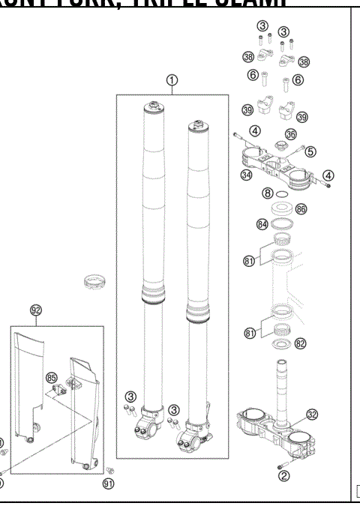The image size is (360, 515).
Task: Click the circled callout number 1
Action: pos(172,81)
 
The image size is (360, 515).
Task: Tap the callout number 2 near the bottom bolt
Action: pos(283,475)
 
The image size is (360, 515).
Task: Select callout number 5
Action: pos(310,151)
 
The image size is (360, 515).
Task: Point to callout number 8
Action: pos(267,193)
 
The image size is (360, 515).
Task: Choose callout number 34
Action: pos(245,175)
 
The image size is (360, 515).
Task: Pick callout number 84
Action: pos(262,223)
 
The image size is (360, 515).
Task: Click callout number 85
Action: pos(52,377)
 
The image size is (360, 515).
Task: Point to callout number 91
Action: pos(109,484)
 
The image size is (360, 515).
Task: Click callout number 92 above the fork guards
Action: pos(35,310)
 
